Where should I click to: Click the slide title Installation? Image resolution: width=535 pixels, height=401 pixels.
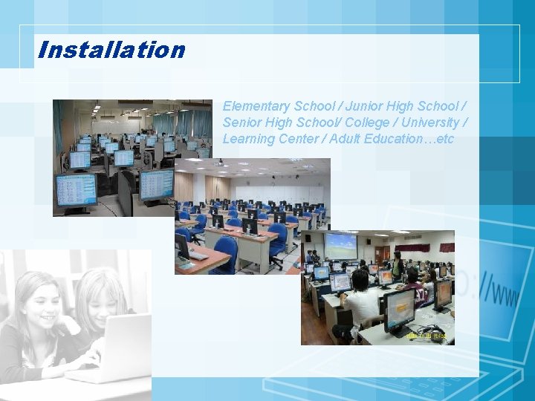(111, 50)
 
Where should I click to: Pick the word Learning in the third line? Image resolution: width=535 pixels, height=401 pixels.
(248, 139)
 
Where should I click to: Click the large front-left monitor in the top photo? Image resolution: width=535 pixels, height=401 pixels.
(76, 189)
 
